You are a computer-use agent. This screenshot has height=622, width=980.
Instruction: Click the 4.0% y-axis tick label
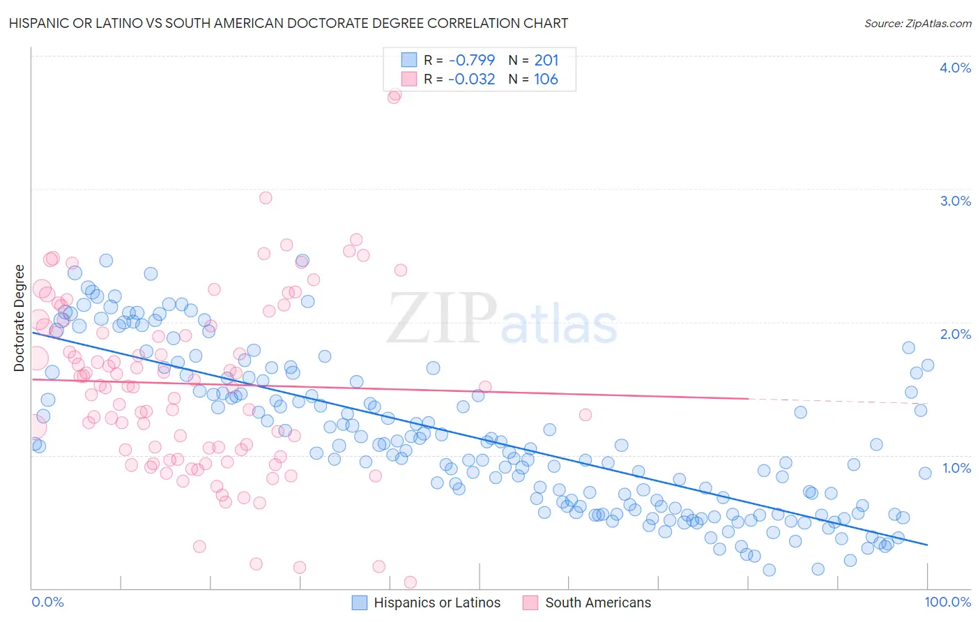pyautogui.click(x=955, y=68)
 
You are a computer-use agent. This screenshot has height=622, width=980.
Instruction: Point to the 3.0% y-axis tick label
pyautogui.click(x=955, y=201)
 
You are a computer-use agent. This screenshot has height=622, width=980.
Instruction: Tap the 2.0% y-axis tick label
pyautogui.click(x=955, y=334)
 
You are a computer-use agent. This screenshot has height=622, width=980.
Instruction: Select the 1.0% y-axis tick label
pyautogui.click(x=956, y=468)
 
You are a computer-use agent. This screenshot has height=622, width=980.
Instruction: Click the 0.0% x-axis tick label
pyautogui.click(x=47, y=602)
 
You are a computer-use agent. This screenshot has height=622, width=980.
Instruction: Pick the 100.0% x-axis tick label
pyautogui.click(x=947, y=602)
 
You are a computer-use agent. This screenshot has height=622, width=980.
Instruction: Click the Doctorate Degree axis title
pyautogui.click(x=19, y=318)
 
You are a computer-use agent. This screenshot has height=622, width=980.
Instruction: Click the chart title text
pyautogui.click(x=289, y=23)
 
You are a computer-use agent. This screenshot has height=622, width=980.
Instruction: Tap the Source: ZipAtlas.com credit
pyautogui.click(x=917, y=23)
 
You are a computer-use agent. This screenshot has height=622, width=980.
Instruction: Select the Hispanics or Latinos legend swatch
pyautogui.click(x=360, y=602)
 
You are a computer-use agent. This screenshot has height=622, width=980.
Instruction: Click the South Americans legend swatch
pyautogui.click(x=531, y=602)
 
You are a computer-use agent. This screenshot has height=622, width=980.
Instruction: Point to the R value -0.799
pyautogui.click(x=472, y=60)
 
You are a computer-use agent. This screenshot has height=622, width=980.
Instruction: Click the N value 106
pyautogui.click(x=546, y=79)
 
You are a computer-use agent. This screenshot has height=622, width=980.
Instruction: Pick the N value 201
pyautogui.click(x=546, y=60)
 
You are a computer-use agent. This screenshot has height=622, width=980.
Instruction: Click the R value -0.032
pyautogui.click(x=472, y=79)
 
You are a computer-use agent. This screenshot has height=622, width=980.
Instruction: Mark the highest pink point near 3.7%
pyautogui.click(x=395, y=96)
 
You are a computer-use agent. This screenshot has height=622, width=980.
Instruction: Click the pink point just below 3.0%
pyautogui.click(x=266, y=197)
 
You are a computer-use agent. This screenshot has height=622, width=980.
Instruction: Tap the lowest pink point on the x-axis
pyautogui.click(x=411, y=582)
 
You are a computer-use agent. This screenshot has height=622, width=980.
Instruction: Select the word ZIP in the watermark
pyautogui.click(x=442, y=318)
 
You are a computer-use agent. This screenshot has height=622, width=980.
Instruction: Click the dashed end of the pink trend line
pyautogui.click(x=836, y=401)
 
